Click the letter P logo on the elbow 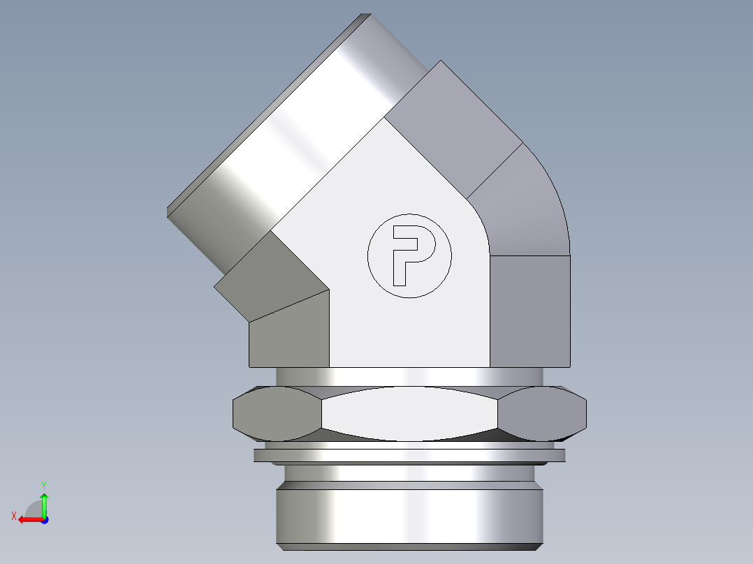tap(409, 255)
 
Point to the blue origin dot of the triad tap(44, 519)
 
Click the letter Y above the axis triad tap(43, 484)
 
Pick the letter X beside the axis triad tap(13, 516)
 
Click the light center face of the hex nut tap(409, 413)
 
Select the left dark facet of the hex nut tap(276, 413)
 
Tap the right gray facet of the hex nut tap(542, 413)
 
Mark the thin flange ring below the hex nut tap(409, 456)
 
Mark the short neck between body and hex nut tap(409, 376)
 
